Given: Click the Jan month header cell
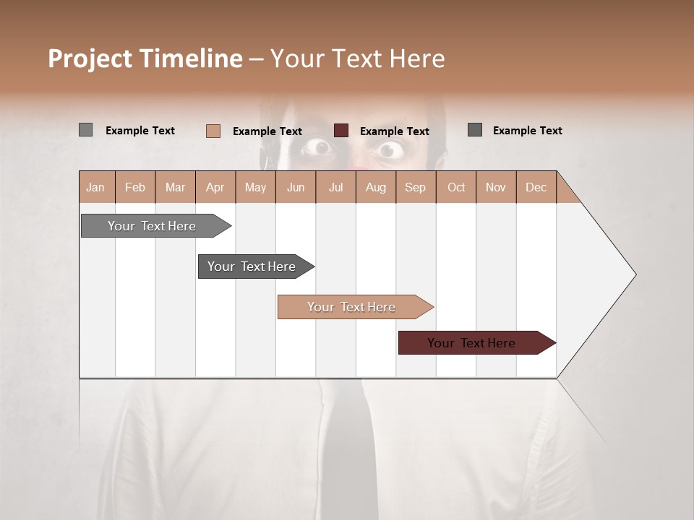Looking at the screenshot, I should click(95, 187).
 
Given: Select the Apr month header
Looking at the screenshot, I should click(215, 187).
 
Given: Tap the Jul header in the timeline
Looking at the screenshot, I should click(335, 187).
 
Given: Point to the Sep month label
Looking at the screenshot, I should click(415, 187).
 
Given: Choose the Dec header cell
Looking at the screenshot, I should click(536, 187).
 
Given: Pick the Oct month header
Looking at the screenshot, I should click(456, 187).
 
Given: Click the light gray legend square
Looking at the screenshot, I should click(85, 130).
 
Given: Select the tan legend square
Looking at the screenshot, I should click(213, 131).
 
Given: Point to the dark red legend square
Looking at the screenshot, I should click(341, 131).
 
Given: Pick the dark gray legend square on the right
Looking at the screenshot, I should click(475, 130).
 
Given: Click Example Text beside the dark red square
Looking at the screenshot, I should click(394, 131).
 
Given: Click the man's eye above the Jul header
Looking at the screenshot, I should click(318, 148).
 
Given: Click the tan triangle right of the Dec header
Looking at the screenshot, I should click(566, 192).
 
